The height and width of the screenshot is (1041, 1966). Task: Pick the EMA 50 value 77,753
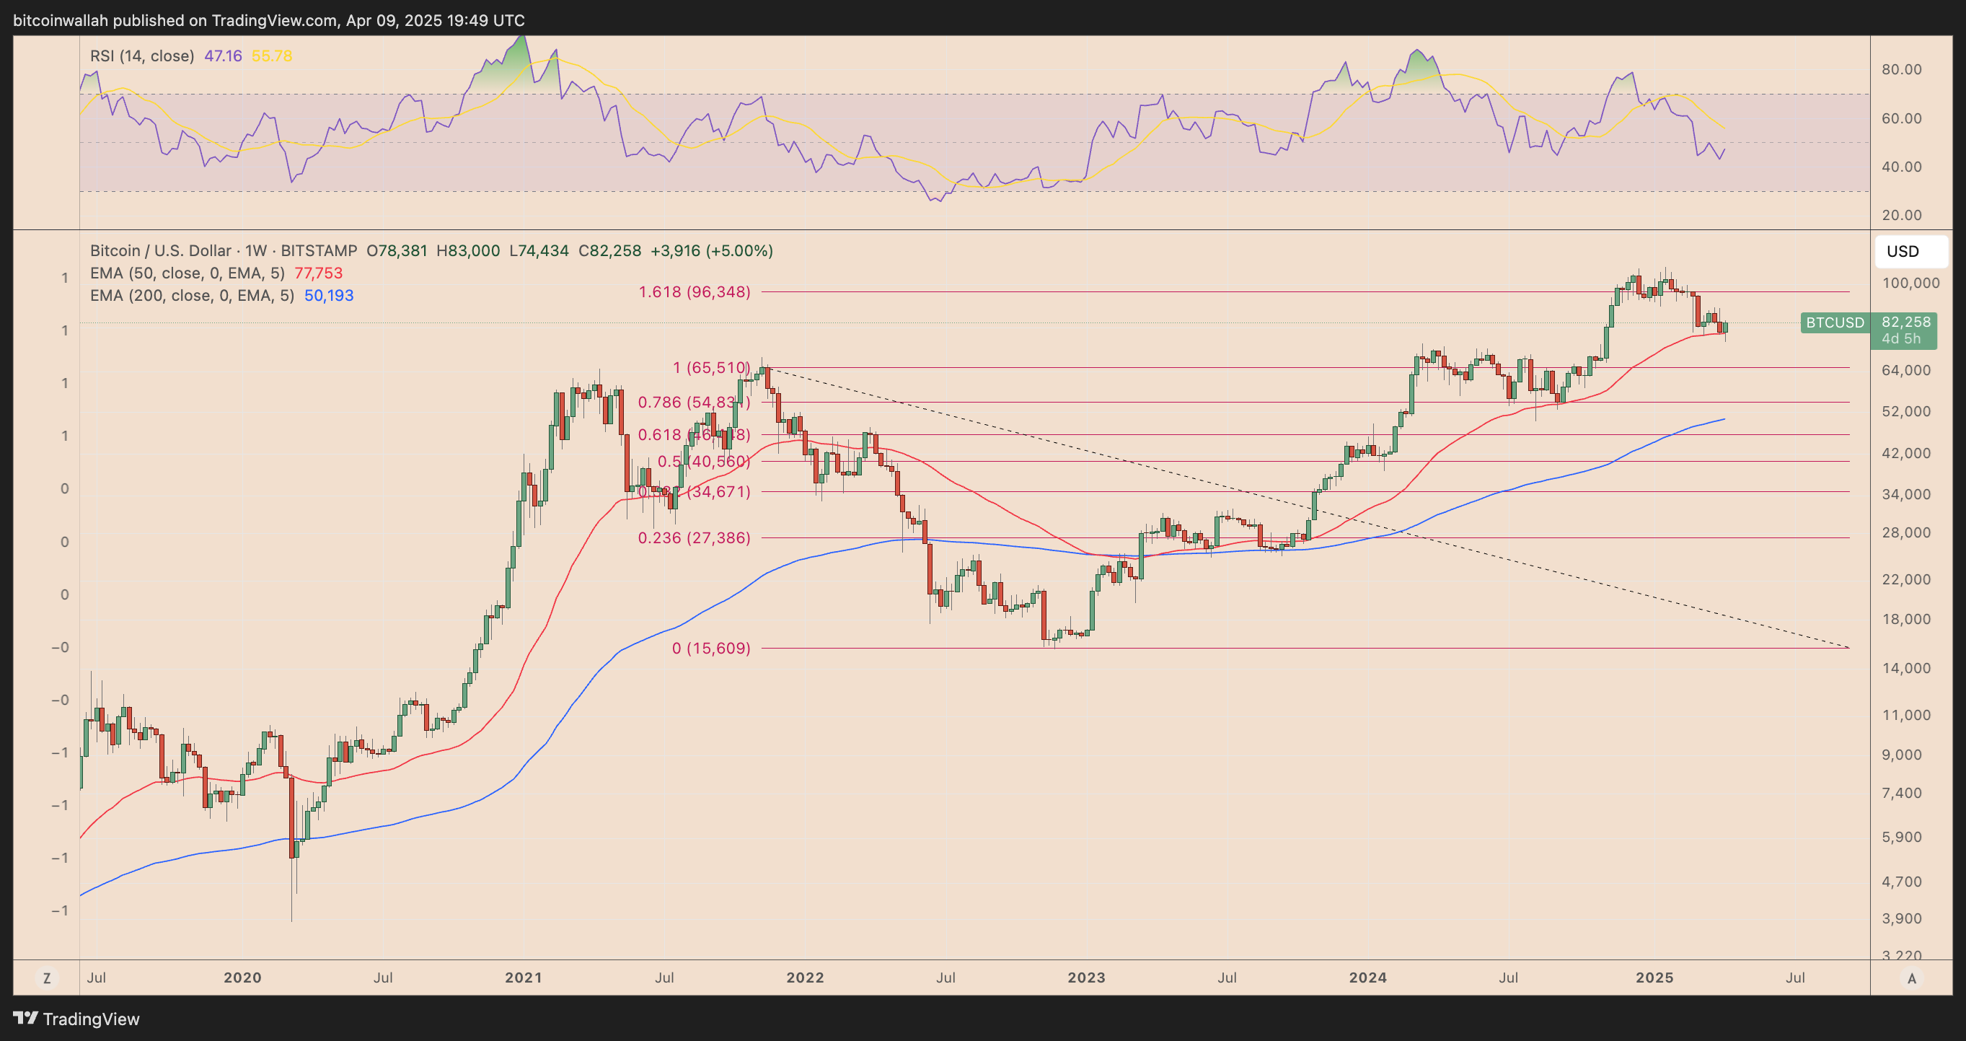318,273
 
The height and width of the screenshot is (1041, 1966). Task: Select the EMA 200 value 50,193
329,295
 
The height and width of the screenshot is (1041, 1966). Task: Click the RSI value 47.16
223,56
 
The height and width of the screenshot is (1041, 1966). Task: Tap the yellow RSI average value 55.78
272,56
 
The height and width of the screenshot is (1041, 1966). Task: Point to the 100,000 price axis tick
1910,283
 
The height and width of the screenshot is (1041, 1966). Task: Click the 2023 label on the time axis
1086,978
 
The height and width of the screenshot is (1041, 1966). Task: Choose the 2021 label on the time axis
524,978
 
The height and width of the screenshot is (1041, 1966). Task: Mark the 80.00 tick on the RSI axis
1901,69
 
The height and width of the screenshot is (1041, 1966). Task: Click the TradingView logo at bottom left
76,1019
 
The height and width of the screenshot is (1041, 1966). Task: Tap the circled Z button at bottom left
47,978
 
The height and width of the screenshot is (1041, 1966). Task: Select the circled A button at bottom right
1911,978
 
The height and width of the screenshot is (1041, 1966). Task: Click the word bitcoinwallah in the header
61,21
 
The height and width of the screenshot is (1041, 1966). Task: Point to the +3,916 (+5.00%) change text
711,251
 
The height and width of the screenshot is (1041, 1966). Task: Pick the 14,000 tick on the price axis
1905,668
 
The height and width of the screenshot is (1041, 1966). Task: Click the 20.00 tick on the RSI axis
1901,215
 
